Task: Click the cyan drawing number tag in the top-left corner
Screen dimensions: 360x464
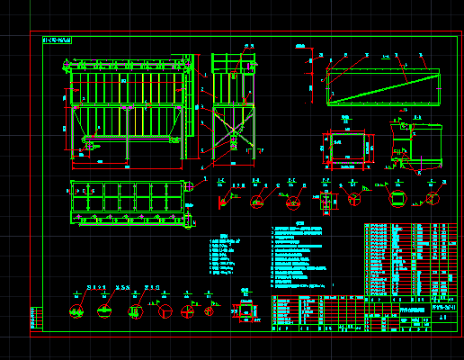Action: [58, 40]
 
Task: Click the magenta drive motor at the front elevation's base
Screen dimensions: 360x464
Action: [89, 141]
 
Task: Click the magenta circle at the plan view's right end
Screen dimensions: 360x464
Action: [191, 187]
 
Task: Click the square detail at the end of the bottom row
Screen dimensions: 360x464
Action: [245, 310]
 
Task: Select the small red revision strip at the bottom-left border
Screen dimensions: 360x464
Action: [36, 318]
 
